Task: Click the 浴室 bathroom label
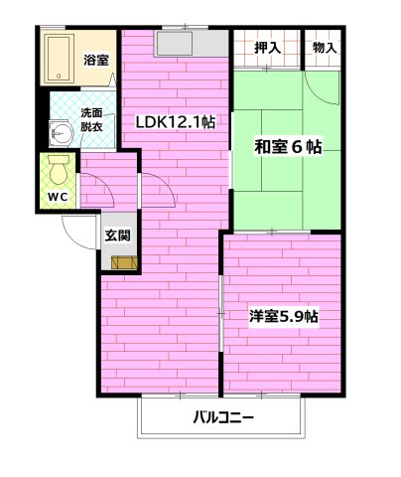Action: (x=96, y=61)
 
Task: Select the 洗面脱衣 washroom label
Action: (x=92, y=121)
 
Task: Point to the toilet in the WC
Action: (x=60, y=165)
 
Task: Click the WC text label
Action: (x=58, y=195)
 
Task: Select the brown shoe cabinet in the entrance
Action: (x=124, y=262)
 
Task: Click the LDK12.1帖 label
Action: (x=176, y=121)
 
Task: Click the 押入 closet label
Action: (x=267, y=47)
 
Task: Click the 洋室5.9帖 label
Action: (x=283, y=318)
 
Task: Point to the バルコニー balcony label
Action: (x=223, y=418)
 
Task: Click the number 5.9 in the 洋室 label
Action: (x=292, y=318)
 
